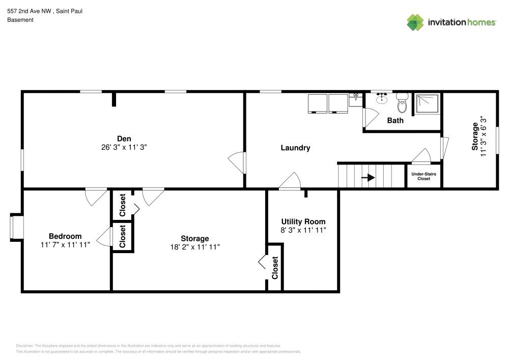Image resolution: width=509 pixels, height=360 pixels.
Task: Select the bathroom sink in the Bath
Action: pos(382,98)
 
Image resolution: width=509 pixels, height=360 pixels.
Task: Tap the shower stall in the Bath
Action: pos(427,103)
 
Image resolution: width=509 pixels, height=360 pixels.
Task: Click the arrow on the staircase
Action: pos(369,178)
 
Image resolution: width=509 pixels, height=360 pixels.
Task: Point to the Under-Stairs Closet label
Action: pos(423,176)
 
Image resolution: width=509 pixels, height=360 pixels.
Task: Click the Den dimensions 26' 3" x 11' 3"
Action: pos(124,147)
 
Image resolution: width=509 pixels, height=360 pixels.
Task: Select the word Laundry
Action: pos(295,148)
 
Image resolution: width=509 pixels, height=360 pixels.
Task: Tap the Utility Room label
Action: pos(303,221)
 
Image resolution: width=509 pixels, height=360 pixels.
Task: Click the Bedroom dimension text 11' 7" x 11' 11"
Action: pos(65,244)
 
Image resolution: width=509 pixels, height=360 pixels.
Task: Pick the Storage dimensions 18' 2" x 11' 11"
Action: pos(195,247)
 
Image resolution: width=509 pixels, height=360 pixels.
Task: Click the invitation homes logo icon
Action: pos(415,22)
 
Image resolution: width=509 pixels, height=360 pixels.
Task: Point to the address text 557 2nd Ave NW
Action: pos(29,11)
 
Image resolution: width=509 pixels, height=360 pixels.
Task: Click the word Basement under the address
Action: pos(20,20)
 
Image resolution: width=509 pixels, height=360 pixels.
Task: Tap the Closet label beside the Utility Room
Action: pos(275,268)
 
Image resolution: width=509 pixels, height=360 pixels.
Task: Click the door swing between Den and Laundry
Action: pos(237,162)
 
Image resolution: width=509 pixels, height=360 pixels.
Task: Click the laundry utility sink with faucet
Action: pos(356,100)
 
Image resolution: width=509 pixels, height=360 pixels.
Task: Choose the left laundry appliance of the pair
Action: pos(318,103)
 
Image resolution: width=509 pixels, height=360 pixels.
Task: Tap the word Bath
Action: pos(395,121)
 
